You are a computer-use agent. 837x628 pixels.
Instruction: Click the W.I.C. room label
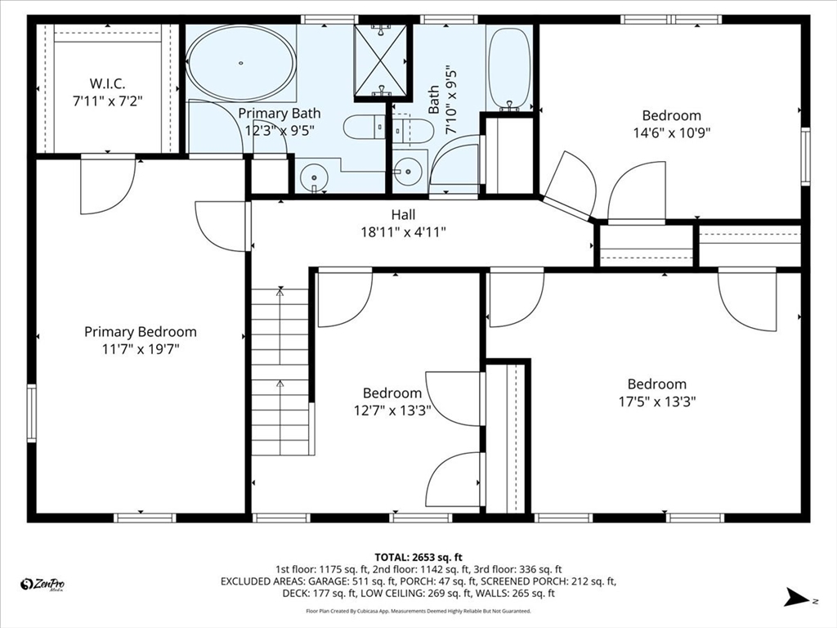coord(107,84)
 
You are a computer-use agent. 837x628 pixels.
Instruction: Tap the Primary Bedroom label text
coord(141,332)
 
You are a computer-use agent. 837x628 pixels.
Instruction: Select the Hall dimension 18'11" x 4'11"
coord(403,232)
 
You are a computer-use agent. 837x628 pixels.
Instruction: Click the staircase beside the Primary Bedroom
coord(281,372)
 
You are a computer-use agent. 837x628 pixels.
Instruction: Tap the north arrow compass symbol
coord(798,597)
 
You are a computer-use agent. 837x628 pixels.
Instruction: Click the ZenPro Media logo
coord(42,585)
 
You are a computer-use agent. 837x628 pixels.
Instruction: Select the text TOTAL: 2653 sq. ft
coord(418,558)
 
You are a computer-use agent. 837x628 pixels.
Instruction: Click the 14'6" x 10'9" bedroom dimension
coord(672,132)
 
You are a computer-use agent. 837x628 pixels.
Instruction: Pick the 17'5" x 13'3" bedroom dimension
coord(657,401)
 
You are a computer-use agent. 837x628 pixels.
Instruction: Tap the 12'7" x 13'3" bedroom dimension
coord(392,410)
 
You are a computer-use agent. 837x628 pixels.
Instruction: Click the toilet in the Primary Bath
coord(364,127)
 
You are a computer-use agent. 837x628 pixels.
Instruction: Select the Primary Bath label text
coord(280,113)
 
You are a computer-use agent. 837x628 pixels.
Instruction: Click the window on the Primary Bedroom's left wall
coord(32,413)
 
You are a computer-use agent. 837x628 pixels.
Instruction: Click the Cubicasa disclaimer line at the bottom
coord(418,611)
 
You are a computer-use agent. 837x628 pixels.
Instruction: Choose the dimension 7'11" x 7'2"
coord(107,101)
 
